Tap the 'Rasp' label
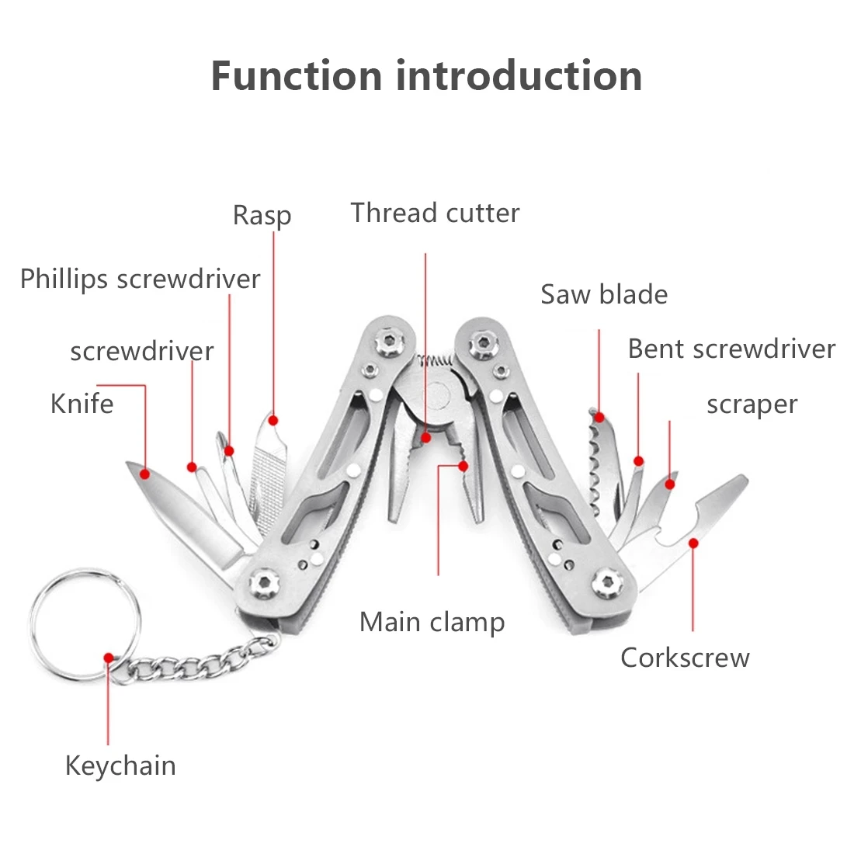tap(262, 215)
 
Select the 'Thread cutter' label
tap(435, 213)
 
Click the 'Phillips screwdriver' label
tap(140, 279)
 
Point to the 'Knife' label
tap(82, 404)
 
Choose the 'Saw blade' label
tap(604, 294)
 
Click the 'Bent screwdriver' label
tap(731, 349)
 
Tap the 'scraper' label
tap(752, 404)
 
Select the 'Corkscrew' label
tap(685, 658)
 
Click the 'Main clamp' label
tap(432, 622)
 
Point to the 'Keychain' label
tap(120, 765)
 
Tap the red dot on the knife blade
tap(144, 473)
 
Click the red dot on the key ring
tap(109, 657)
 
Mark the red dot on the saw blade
tap(599, 417)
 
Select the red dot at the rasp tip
tap(273, 420)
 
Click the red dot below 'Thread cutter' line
tap(425, 438)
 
